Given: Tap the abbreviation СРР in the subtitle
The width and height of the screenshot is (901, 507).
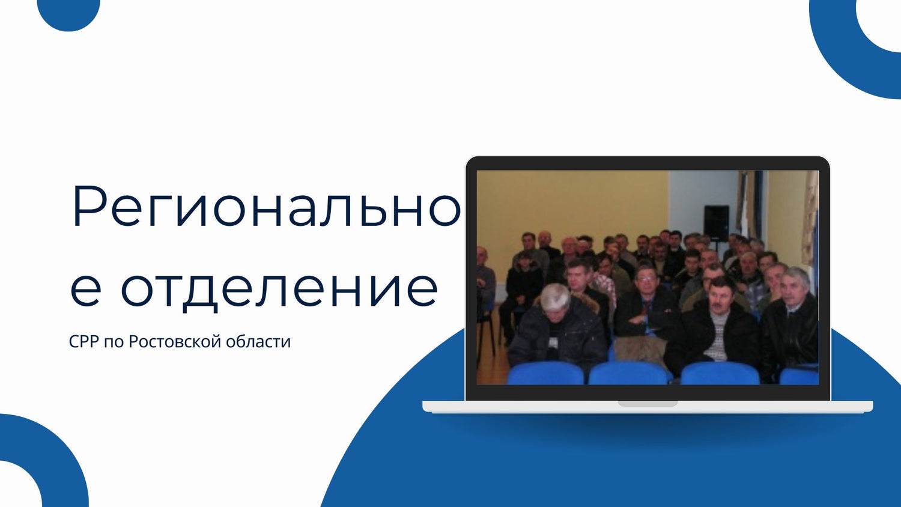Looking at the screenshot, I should click(83, 342).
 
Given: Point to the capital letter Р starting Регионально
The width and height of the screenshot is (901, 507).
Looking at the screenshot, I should click(90, 207).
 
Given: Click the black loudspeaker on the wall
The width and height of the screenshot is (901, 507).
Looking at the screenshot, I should click(716, 223).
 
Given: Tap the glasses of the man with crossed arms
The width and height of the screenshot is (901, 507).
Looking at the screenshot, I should click(646, 278).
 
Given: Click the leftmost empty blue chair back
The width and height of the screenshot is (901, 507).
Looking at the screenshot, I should click(545, 374).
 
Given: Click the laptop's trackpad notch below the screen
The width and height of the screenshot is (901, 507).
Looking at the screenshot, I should click(648, 404).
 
